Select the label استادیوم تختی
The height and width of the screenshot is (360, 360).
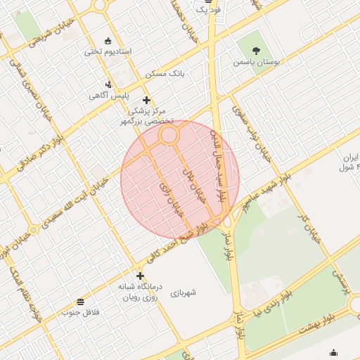pos(108,51)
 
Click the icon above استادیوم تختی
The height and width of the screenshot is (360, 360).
pos(108,40)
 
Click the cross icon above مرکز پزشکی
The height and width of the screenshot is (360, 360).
pos(146,100)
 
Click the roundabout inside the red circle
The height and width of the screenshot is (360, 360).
pos(168,136)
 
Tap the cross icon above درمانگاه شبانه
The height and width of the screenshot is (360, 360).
pos(140,276)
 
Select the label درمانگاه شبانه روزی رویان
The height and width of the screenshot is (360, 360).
pos(140,292)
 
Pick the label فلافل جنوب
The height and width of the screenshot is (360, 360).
pos(82,311)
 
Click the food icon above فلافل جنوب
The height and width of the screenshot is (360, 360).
pos(82,301)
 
